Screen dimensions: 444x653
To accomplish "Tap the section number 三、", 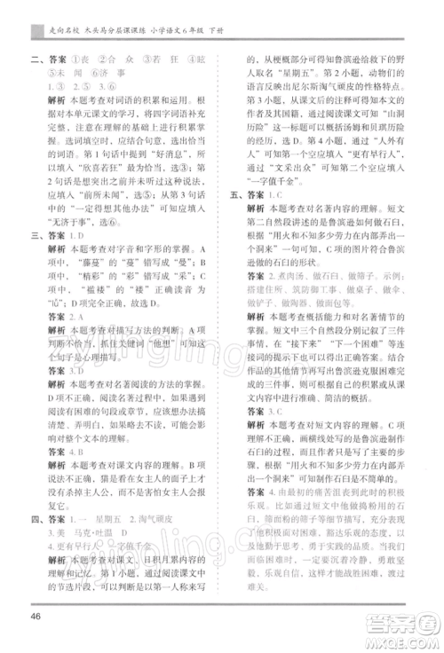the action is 37,237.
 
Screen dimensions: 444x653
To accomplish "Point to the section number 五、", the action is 235,217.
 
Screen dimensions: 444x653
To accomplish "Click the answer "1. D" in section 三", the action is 76,237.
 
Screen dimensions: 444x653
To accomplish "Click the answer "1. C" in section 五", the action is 274,217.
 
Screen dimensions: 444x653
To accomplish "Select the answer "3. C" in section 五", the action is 274,410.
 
